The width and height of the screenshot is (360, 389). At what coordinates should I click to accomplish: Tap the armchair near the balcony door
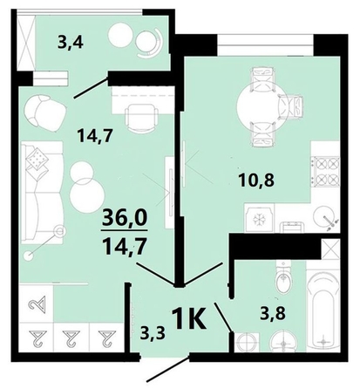[x=42, y=110]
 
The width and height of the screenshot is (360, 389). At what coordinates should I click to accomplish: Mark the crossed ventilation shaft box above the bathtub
[x=330, y=248]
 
